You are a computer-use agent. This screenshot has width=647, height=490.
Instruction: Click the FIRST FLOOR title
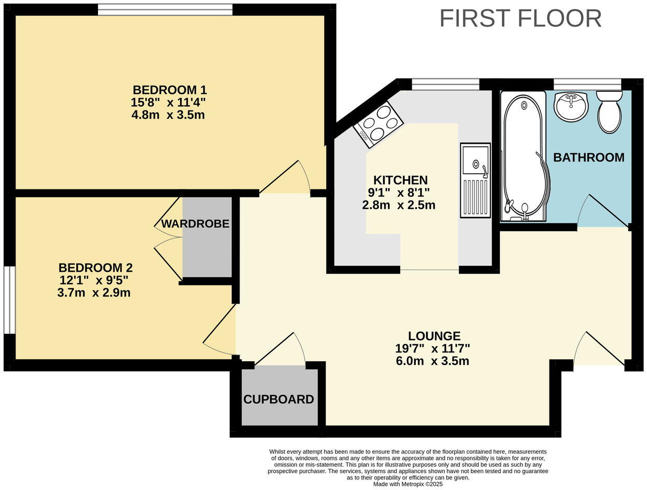pos(521,18)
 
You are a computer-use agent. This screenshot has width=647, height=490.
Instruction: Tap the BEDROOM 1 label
pos(170,90)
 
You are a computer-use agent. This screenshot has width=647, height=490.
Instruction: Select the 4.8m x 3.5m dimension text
pos(168,115)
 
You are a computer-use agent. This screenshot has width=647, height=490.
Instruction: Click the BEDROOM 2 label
pos(95,268)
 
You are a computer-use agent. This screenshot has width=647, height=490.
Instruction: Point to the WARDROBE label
pos(195,224)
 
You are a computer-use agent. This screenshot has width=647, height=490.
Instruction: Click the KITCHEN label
pos(401,180)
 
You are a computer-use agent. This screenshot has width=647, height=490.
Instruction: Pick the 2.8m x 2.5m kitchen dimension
pos(399,205)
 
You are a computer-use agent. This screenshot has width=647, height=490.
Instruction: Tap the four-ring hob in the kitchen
pos(378,125)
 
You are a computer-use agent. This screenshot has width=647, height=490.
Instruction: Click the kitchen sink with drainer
pos(475,180)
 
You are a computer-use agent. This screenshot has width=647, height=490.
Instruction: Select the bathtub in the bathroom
pos(524,156)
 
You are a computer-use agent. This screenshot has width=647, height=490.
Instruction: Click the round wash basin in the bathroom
pos(571,105)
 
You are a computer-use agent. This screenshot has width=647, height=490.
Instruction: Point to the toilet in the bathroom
pos(609,112)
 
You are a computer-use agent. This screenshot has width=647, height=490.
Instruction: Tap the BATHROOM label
pos(589,157)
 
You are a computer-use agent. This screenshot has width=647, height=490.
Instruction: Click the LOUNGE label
pos(434,336)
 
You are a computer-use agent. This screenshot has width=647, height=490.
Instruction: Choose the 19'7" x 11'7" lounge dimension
pos(432,349)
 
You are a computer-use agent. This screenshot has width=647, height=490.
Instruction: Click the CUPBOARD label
pos(278,400)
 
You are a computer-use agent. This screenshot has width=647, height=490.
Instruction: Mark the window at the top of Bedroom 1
pos(165,9)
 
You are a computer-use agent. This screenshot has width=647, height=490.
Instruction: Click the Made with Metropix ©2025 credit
pos(408,484)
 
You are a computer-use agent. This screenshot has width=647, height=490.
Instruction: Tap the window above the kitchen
pos(445,85)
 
